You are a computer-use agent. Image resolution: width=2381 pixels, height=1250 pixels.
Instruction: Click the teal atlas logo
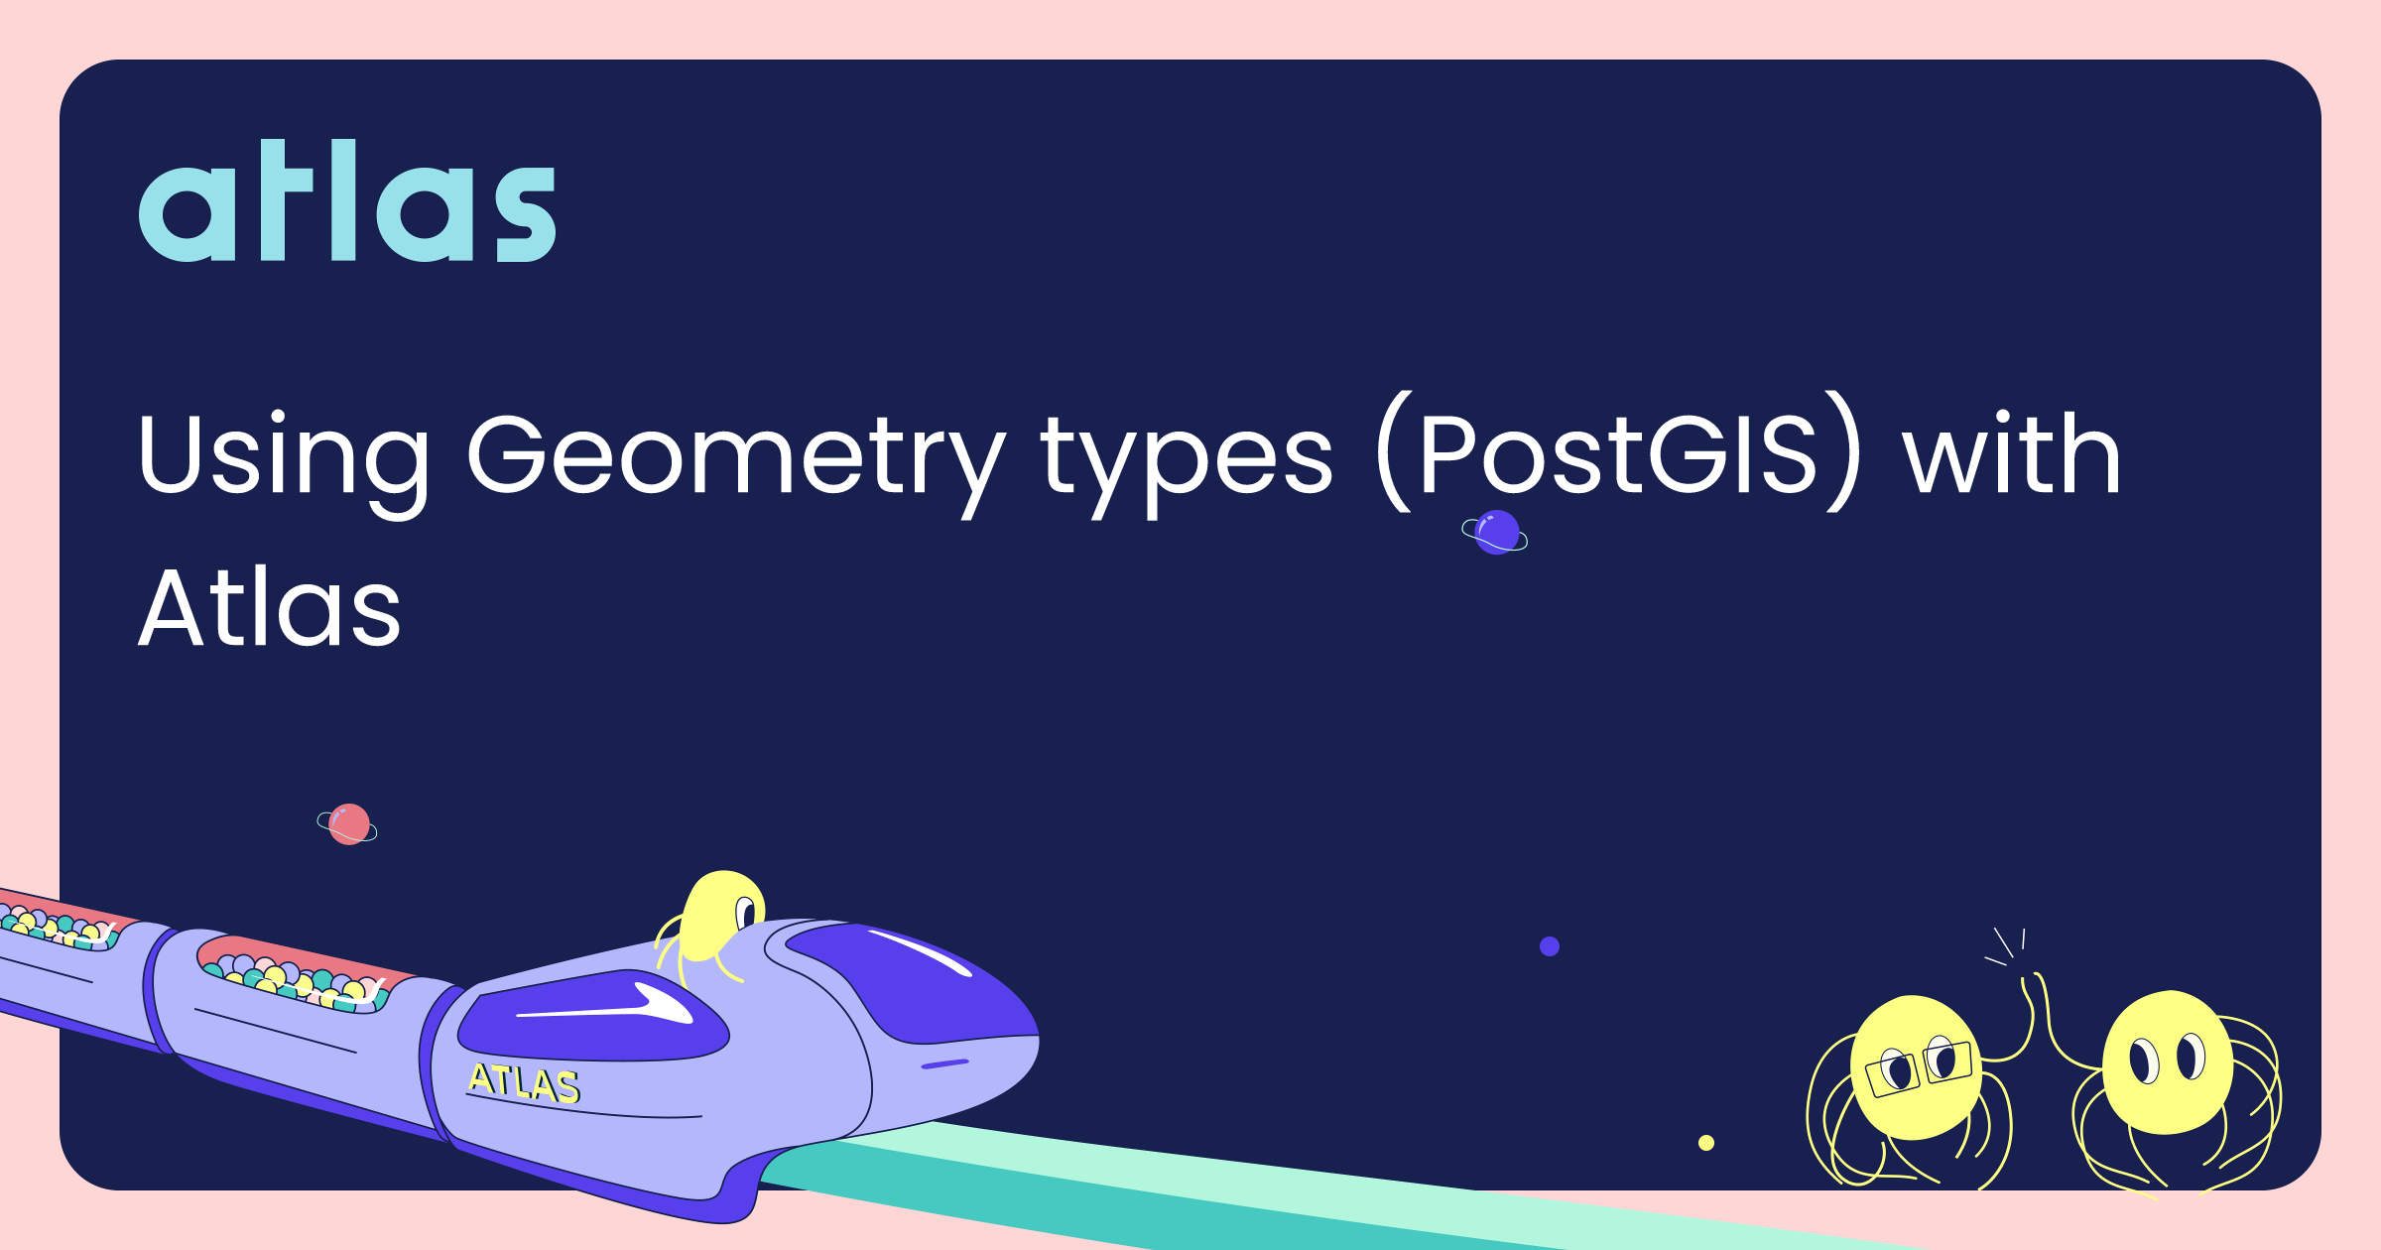tap(347, 200)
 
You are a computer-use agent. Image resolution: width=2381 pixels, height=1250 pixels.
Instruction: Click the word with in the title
tap(2012, 452)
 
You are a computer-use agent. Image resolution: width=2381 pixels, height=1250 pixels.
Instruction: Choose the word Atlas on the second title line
tap(270, 607)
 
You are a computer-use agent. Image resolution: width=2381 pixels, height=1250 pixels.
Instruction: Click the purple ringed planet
tap(1495, 533)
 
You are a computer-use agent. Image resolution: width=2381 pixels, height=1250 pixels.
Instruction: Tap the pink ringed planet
tap(348, 824)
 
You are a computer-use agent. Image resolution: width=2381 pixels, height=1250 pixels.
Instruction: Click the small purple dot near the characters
tap(1550, 946)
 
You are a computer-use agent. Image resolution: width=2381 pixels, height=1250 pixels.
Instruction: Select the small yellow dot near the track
tap(1706, 1143)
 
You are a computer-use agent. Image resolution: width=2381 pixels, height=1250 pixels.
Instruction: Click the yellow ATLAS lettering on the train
tap(524, 1082)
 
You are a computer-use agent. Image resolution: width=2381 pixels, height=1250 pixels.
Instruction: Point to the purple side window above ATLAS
tap(593, 1017)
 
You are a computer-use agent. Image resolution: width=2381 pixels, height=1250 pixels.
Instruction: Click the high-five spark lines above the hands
tap(2006, 946)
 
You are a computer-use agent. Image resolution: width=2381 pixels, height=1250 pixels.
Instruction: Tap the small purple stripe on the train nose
tap(944, 1063)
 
